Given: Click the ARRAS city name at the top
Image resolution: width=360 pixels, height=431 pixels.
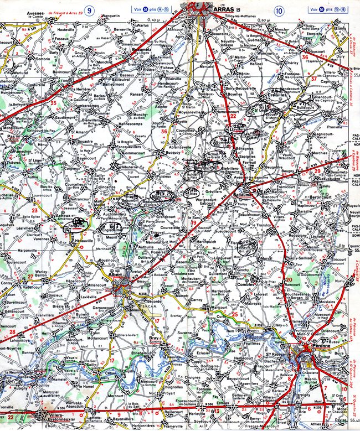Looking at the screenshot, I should [x=220, y=9].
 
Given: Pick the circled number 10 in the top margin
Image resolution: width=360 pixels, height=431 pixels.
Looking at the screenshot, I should [x=277, y=9].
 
